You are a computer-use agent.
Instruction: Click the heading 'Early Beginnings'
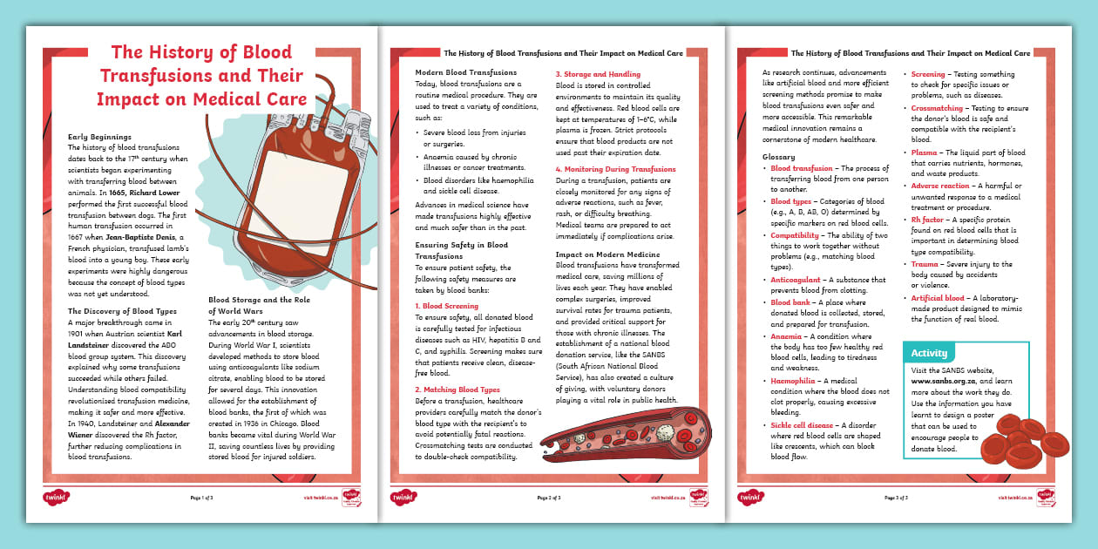tap(99, 137)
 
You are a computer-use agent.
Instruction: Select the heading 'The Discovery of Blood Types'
tap(122, 311)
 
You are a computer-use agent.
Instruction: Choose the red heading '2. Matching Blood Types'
tap(457, 390)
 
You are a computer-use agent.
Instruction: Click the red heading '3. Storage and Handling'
tap(597, 75)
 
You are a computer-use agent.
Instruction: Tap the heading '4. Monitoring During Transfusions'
tap(614, 169)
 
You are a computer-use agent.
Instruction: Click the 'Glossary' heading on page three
tap(778, 158)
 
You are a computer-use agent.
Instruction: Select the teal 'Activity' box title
tap(929, 353)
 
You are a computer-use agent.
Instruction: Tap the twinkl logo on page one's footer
tap(55, 497)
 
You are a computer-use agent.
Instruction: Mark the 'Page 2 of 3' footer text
tap(548, 498)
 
